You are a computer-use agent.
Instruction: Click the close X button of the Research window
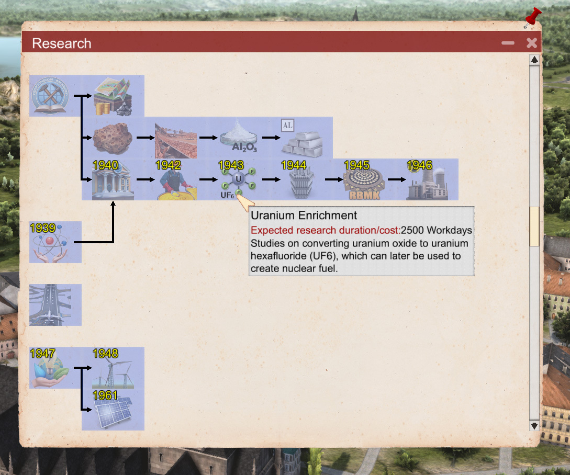[531, 43]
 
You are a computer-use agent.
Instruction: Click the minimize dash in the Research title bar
[508, 43]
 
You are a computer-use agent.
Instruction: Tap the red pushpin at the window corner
[532, 17]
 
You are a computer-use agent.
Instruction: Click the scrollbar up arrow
[534, 60]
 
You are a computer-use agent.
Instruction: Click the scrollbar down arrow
[534, 426]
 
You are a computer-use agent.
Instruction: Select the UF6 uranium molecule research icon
[238, 180]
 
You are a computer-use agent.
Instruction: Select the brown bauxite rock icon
[113, 138]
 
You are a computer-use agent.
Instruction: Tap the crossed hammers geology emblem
[50, 96]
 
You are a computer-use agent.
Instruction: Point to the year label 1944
[294, 165]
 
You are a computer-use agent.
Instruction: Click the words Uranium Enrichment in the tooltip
[304, 216]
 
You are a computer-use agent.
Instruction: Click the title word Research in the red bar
[62, 43]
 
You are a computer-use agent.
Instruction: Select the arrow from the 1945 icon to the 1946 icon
[397, 179]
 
